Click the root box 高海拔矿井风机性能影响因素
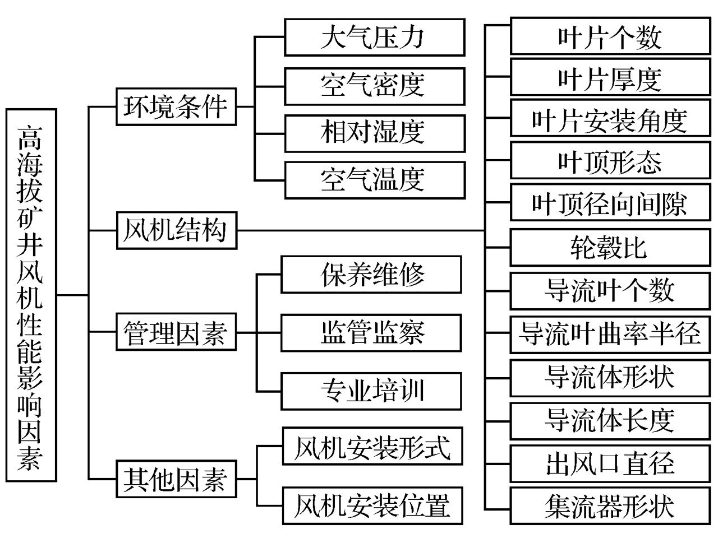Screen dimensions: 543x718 31,295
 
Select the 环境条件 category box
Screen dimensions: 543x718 176,106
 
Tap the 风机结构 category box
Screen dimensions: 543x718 176,230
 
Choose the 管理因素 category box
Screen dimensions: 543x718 176,332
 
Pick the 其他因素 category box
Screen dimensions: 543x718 176,479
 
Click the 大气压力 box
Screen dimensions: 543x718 374,38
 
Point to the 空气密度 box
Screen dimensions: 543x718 374,86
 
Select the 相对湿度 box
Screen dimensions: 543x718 374,133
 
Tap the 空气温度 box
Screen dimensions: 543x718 374,180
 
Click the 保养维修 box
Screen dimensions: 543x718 371,275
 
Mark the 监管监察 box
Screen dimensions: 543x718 371,333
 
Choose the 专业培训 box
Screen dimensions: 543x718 371,391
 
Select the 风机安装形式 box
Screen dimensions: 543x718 372,447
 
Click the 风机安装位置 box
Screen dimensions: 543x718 372,505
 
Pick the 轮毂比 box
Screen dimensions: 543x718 610,247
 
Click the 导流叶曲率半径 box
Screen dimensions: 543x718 610,333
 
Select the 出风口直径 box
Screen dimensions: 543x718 610,463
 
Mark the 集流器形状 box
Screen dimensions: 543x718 610,505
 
